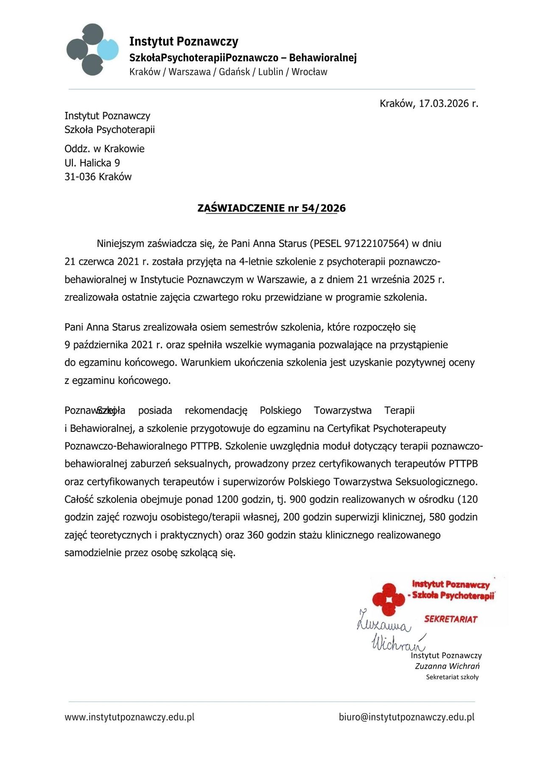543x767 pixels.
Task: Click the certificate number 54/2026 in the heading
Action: point(324,208)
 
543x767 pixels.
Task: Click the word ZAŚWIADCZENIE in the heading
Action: point(241,208)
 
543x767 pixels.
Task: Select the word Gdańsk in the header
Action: point(235,72)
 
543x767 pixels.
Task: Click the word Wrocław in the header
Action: point(309,72)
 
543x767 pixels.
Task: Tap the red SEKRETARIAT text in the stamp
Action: point(451,619)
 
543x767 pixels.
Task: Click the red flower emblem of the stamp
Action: point(388,599)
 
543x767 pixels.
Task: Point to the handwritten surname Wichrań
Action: point(398,643)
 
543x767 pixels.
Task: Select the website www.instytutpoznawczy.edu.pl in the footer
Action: point(129,717)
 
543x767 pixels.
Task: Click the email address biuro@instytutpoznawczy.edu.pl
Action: point(406,717)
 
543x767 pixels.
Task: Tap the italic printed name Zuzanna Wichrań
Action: point(447,666)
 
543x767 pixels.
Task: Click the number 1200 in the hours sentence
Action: point(227,499)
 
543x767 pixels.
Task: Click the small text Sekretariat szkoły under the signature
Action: point(452,677)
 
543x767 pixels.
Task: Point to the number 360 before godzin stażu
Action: point(255,535)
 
